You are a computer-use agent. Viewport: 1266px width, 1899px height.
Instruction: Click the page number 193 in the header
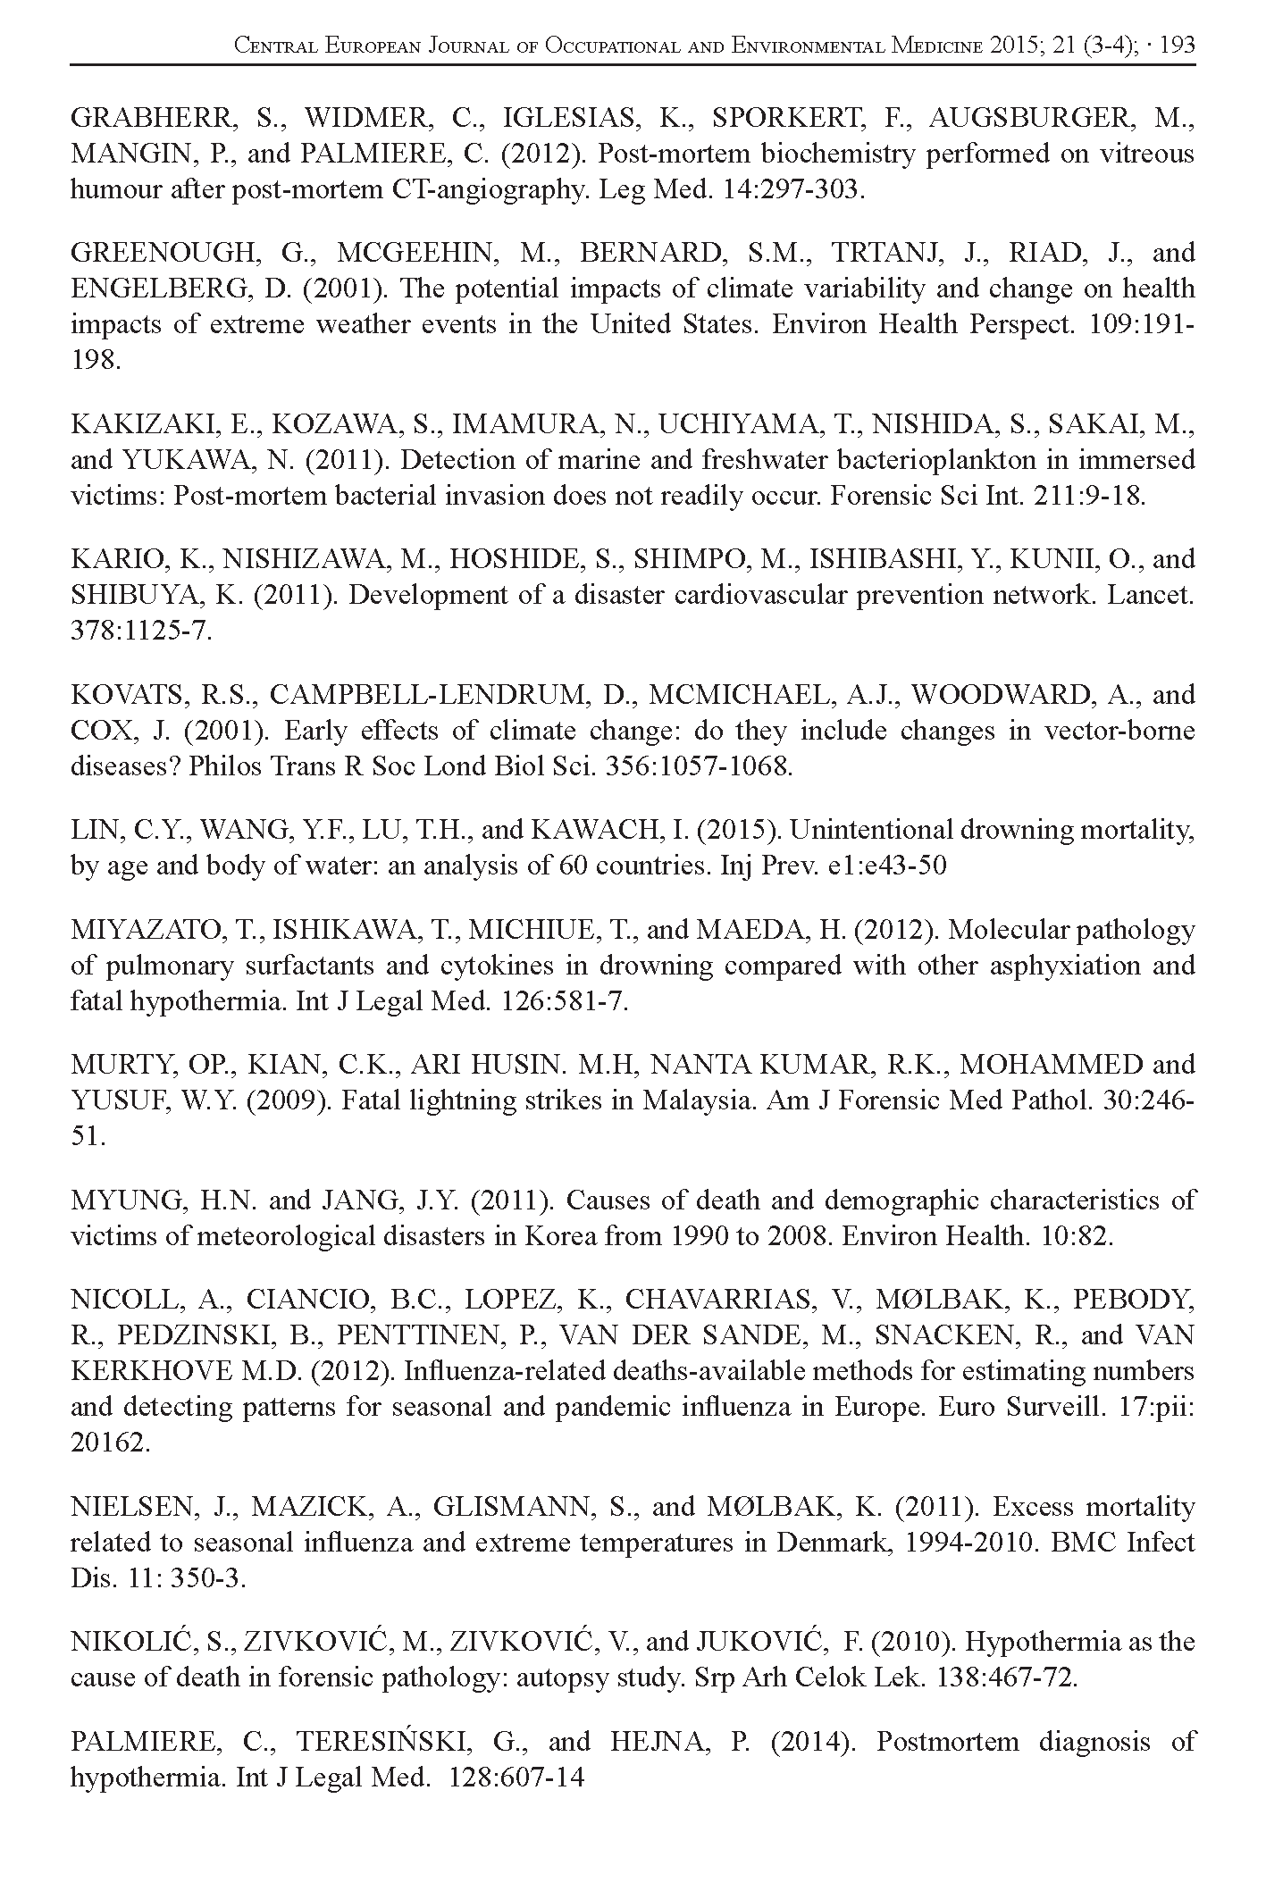click(1176, 46)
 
